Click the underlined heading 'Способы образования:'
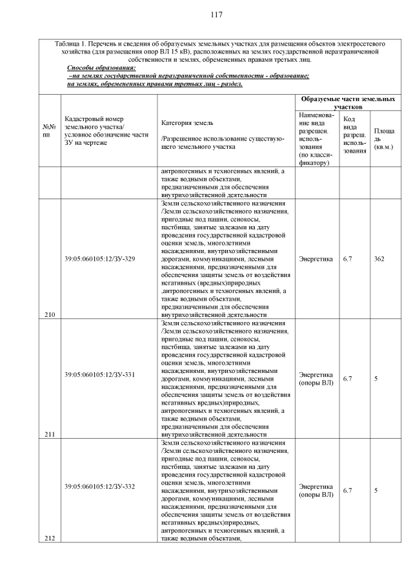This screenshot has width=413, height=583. click(101, 68)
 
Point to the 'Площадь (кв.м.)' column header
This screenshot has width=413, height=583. click(384, 139)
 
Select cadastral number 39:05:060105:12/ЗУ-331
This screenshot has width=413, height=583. click(99, 374)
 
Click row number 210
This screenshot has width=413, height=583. click(50, 314)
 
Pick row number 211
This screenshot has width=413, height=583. click(50, 434)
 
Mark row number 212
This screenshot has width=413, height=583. click(50, 538)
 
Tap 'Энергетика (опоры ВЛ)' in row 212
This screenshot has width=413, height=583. click(316, 490)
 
